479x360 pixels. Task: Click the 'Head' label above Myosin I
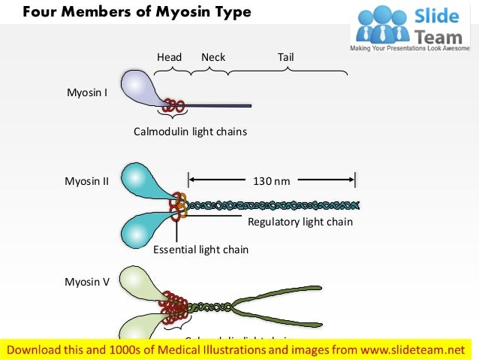[169, 57]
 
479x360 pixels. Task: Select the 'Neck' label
[213, 57]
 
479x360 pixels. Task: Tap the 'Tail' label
[285, 57]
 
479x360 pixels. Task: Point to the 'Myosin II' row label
[87, 181]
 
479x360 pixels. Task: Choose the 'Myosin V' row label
[87, 282]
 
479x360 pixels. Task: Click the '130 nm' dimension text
[271, 181]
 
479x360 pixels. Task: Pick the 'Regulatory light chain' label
[300, 222]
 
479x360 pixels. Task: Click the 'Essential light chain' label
[200, 250]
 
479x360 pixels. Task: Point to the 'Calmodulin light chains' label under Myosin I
[190, 132]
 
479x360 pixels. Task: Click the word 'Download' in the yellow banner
[35, 349]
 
